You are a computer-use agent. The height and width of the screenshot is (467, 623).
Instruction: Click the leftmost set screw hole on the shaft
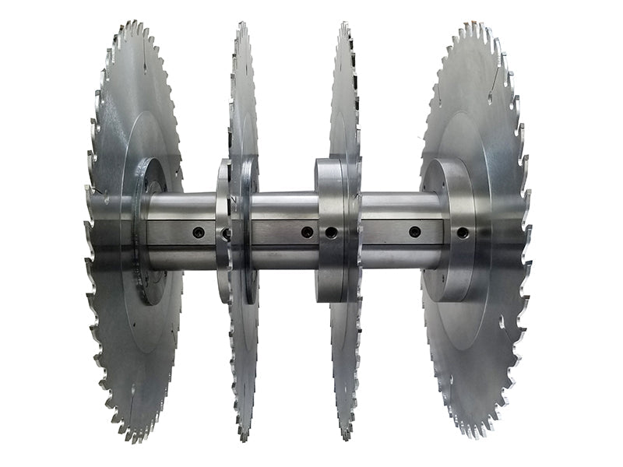[199, 232]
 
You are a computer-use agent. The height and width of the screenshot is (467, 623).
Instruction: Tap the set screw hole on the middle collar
[331, 232]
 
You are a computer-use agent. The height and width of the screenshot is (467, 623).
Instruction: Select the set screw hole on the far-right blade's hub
[463, 232]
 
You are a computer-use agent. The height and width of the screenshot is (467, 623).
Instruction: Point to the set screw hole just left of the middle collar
[308, 232]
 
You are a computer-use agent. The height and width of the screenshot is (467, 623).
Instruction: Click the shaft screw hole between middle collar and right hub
[414, 232]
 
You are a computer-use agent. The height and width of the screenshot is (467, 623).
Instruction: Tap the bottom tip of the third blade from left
[343, 441]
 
